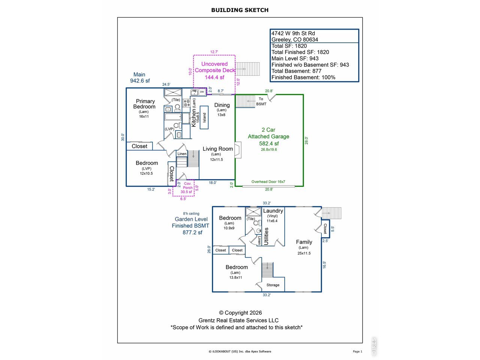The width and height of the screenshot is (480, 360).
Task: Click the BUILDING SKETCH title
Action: (x=240, y=10)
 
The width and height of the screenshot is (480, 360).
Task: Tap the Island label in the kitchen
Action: (x=204, y=118)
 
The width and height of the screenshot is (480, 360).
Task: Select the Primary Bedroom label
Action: (x=145, y=104)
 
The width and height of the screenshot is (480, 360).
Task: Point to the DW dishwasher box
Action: (x=202, y=92)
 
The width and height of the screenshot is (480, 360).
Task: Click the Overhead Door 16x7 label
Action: (x=268, y=181)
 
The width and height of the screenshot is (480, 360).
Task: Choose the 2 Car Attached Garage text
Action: (x=268, y=133)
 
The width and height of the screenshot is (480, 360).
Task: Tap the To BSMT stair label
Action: (x=261, y=101)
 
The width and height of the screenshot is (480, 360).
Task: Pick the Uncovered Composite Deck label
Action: (x=214, y=67)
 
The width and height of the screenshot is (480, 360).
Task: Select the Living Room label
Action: (x=217, y=149)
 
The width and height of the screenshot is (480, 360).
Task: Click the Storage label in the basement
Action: (x=273, y=285)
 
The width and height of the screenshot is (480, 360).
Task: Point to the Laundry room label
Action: (x=273, y=211)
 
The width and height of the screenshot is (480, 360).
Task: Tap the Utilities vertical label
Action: (x=266, y=237)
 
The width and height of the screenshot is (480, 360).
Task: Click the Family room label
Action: (x=304, y=242)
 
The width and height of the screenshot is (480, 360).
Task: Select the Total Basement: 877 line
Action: (x=296, y=71)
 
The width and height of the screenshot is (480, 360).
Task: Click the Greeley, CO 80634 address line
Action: (x=294, y=40)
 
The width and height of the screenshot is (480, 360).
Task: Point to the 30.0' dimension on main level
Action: (x=123, y=137)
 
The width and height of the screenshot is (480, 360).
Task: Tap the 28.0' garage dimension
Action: (x=307, y=141)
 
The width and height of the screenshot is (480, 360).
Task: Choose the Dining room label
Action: (x=222, y=105)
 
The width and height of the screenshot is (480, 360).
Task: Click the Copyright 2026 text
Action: (x=240, y=313)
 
